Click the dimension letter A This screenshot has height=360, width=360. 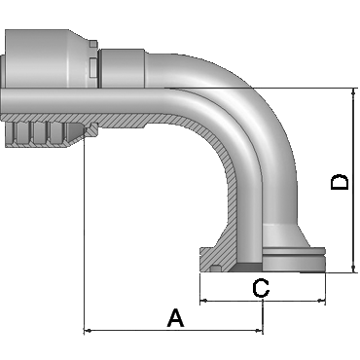(x=176, y=318)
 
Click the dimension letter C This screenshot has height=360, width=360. (x=261, y=288)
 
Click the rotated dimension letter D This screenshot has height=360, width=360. (x=340, y=182)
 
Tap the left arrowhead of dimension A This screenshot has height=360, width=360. (x=87, y=331)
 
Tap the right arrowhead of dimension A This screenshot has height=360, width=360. (x=260, y=331)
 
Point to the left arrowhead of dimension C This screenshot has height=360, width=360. (x=203, y=301)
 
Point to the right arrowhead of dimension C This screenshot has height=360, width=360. (x=322, y=301)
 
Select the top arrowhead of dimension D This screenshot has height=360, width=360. (x=353, y=91)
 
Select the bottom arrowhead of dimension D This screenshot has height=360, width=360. (x=353, y=269)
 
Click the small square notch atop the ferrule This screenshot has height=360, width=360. (x=93, y=44)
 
